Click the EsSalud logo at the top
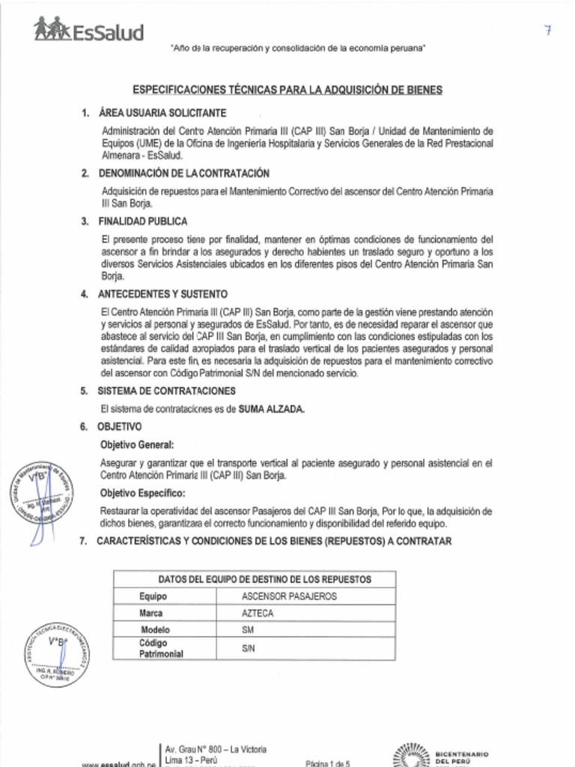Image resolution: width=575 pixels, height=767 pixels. point(88,30)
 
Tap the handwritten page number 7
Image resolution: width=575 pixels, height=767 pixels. point(549,31)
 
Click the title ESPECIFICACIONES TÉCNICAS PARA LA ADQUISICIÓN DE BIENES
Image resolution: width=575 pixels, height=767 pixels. point(287,90)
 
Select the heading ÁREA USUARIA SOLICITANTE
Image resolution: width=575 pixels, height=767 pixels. point(162,113)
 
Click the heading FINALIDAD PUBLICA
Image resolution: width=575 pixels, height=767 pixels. point(142,222)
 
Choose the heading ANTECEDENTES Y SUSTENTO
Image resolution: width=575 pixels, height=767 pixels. point(162,294)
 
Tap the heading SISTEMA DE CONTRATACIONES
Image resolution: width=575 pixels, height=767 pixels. point(166,391)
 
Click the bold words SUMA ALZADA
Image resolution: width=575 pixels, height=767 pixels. point(271,409)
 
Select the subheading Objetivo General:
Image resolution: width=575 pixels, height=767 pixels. point(137,445)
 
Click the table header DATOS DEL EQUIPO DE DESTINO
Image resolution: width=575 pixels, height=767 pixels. point(255,579)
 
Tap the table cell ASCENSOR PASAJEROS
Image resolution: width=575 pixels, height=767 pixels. point(289,596)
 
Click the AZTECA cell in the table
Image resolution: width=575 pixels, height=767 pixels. point(258,613)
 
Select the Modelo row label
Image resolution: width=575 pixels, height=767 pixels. point(155,630)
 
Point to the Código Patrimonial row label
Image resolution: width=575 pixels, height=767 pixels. point(160,648)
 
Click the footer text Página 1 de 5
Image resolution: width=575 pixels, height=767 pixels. point(328,763)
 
